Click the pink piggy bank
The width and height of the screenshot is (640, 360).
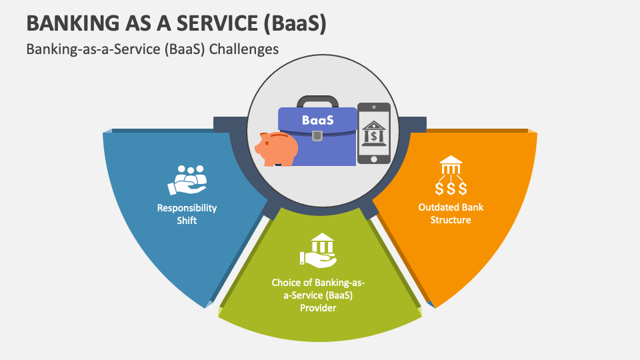coord(278,148)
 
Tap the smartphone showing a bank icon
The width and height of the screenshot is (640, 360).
coord(373,133)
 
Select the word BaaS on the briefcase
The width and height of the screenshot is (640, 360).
coord(317,121)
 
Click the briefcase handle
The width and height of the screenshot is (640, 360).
coord(317,101)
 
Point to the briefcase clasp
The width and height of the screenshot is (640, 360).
coord(317,136)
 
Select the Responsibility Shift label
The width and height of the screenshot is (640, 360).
coord(187,214)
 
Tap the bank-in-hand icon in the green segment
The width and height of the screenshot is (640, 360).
coord(318,249)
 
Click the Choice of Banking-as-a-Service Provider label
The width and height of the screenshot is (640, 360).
coord(318,295)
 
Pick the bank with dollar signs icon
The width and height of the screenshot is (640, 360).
coord(451,175)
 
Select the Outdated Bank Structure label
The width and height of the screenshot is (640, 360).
coord(451,213)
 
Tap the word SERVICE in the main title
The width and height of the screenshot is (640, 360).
coord(214,23)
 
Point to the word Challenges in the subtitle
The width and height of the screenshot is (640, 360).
coord(243,49)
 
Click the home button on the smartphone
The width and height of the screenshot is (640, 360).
coord(373,158)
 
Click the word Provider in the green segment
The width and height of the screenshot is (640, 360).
coord(318,307)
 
